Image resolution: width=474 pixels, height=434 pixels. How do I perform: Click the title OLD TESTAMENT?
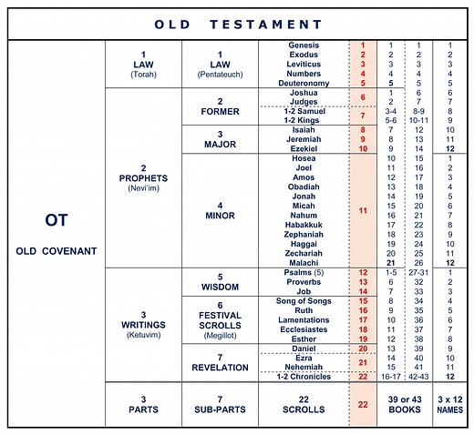236,23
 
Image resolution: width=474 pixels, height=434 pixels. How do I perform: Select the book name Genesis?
304,45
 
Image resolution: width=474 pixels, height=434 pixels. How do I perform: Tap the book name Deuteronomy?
304,83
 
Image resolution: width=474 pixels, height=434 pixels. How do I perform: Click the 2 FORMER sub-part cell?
220,107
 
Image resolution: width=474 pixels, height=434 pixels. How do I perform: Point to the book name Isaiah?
304,130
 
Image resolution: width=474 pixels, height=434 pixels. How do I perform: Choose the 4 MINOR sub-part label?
220,210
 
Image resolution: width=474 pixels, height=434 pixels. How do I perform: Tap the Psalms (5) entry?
304,272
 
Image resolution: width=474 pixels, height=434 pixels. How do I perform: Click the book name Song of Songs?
304,300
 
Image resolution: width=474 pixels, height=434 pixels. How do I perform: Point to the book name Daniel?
304,348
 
